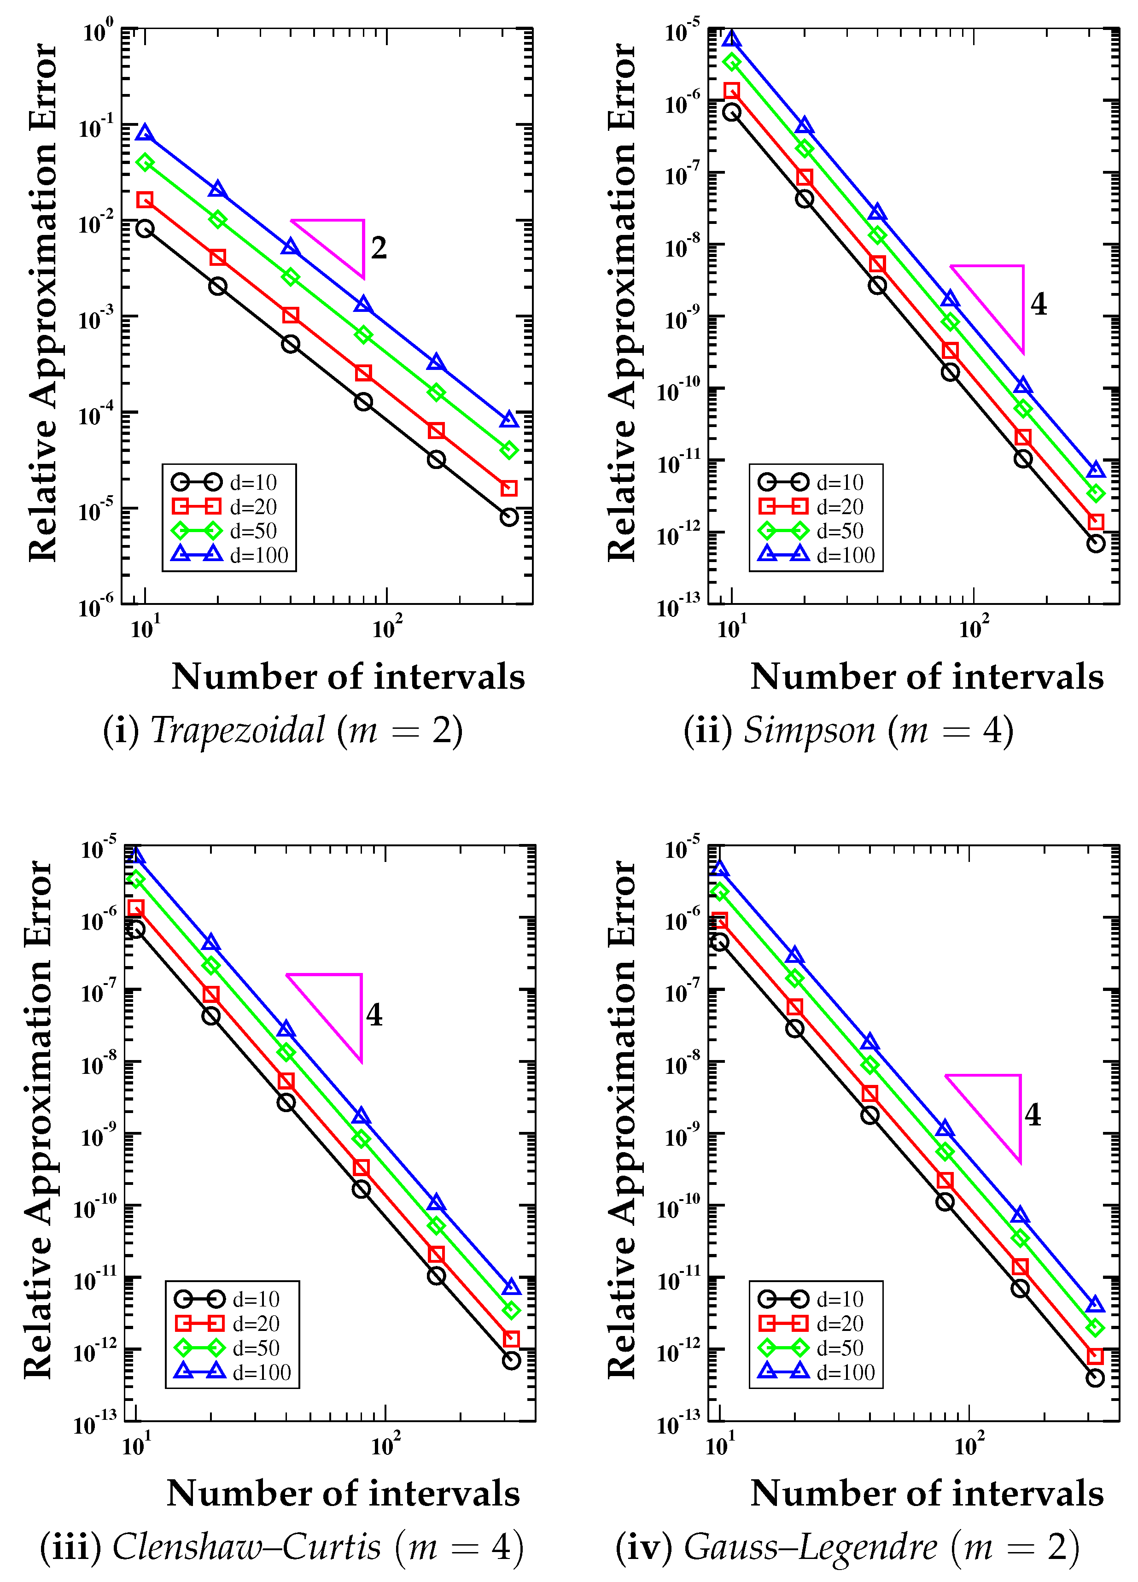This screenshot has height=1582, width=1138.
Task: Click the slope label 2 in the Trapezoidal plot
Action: click(379, 248)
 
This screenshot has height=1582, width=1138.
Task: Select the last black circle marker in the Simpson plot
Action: click(1096, 543)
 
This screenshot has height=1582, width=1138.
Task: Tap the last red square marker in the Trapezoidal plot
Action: click(509, 488)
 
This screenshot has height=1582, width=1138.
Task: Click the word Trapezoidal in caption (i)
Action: click(238, 730)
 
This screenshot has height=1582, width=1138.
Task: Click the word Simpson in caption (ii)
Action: click(809, 730)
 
